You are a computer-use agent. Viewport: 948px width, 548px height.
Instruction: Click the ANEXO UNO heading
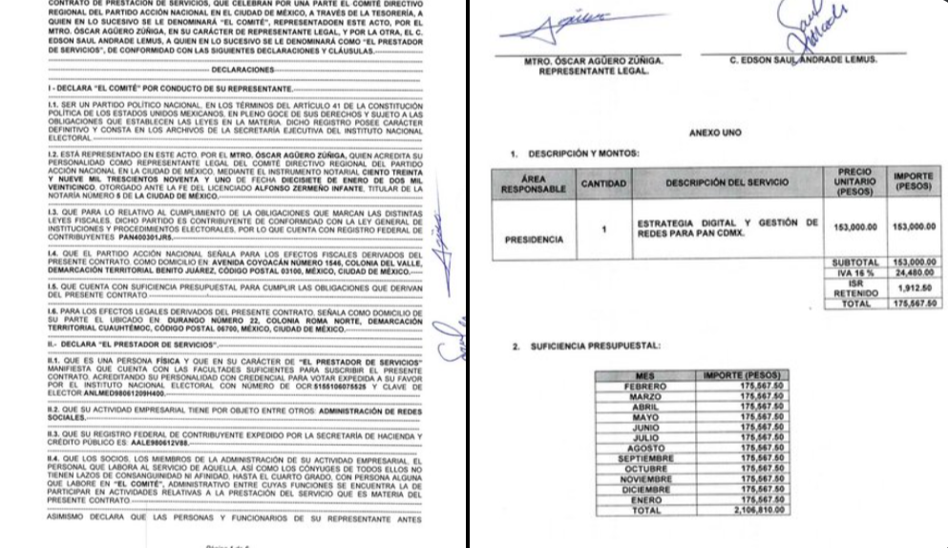click(712, 133)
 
